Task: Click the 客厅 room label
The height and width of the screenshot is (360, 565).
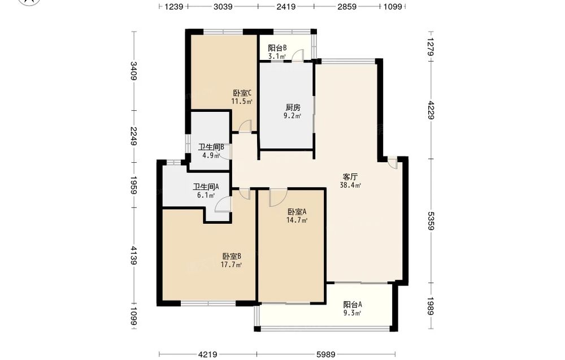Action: pos(350,177)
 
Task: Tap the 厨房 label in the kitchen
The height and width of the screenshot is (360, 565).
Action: pos(293,107)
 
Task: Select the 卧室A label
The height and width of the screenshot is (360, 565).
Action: pos(297,212)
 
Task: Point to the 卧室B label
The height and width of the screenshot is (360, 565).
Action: pos(231,257)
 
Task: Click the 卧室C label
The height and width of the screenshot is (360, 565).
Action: pos(242,93)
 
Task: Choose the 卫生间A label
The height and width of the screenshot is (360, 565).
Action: pos(206,186)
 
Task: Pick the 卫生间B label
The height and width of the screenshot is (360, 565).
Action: pos(211,147)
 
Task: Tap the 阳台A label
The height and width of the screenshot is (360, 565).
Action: pos(353,305)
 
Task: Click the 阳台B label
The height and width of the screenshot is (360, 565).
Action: pos(277,48)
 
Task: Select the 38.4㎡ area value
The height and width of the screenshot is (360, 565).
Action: pos(350,185)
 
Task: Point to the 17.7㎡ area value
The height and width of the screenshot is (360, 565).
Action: pos(231,265)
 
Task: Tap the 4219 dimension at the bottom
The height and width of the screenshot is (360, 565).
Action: pos(207,355)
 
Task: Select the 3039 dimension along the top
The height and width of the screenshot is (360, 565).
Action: pos(223,6)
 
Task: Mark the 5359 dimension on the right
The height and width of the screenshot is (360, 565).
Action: pos(431,220)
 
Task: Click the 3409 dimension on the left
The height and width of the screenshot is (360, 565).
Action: pos(134,71)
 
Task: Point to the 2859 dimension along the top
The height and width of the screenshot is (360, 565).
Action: pos(347,6)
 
